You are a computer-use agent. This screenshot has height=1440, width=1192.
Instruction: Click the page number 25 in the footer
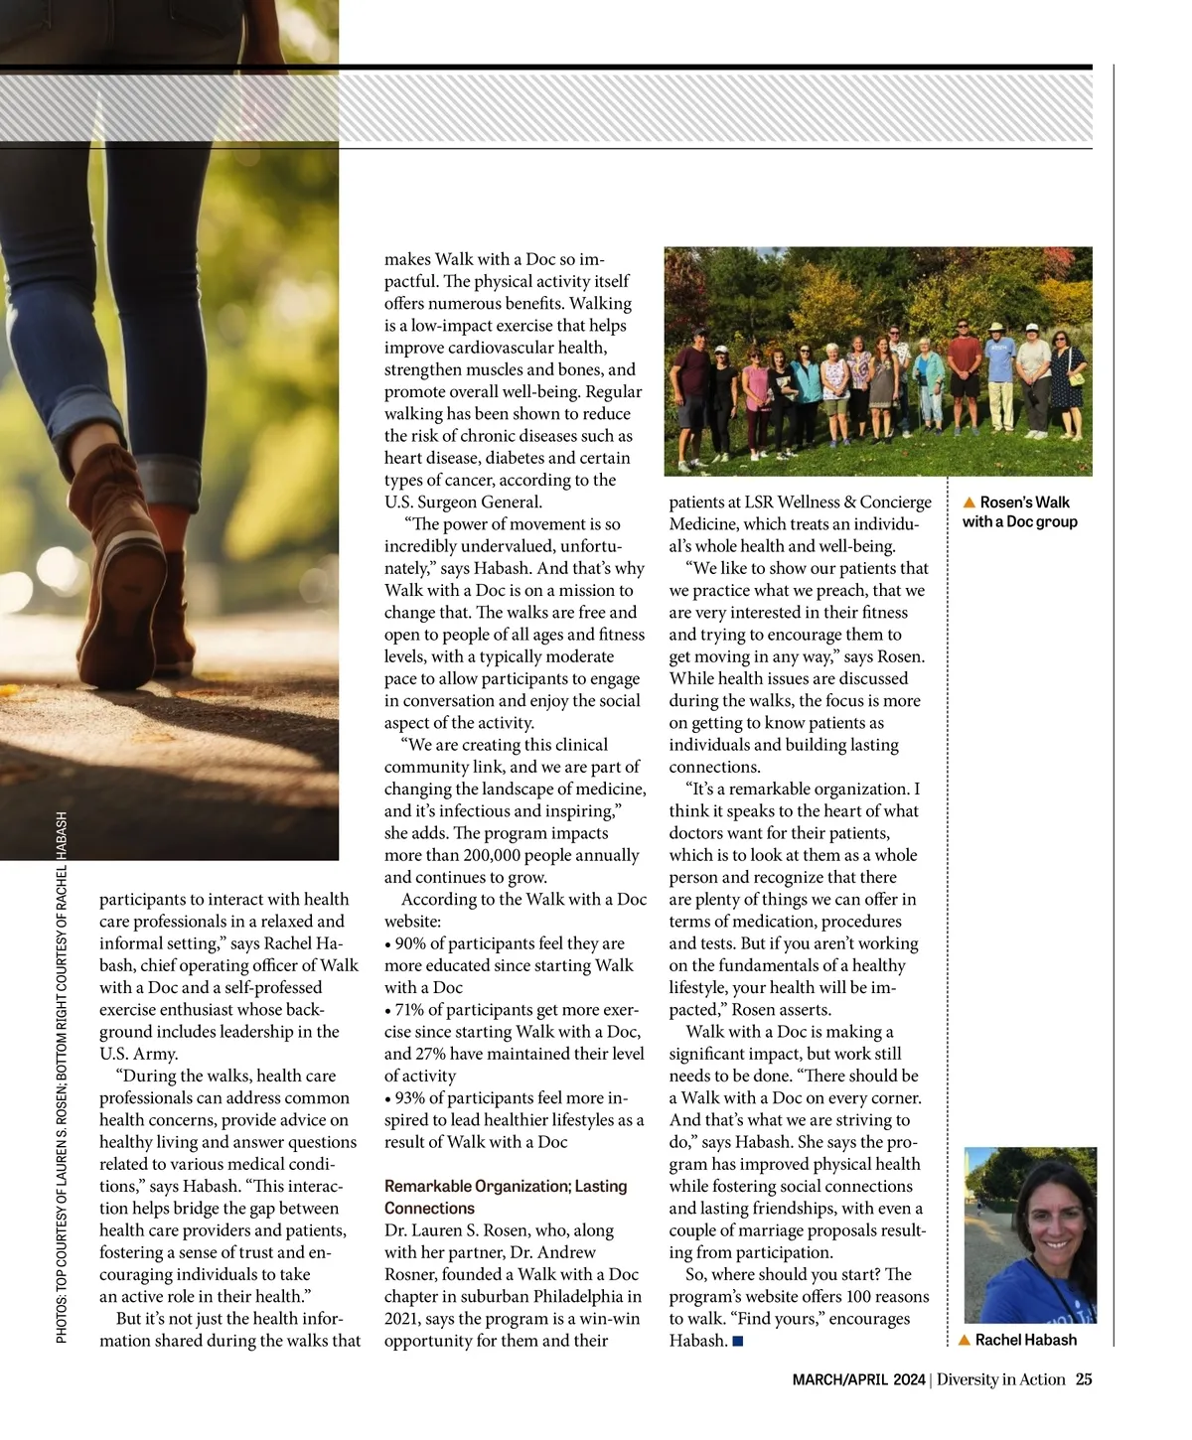click(x=1084, y=1379)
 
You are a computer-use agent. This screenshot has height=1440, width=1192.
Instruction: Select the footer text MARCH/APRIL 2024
click(x=858, y=1379)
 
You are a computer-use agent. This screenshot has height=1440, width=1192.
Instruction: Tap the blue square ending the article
click(x=738, y=1342)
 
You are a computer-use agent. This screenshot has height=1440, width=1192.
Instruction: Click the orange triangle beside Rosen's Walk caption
click(x=969, y=503)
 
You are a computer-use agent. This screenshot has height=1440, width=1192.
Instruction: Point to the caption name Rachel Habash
click(x=1025, y=1340)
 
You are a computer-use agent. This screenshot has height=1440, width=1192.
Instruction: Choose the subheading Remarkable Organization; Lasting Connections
click(x=506, y=1197)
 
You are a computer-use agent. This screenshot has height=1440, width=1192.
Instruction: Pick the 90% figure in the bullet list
click(x=410, y=943)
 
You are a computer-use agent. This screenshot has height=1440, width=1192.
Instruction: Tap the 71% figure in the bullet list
click(x=409, y=1010)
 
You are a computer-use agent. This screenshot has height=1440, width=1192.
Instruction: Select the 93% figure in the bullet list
click(x=410, y=1098)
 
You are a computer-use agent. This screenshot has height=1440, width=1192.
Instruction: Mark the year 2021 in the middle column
click(x=403, y=1319)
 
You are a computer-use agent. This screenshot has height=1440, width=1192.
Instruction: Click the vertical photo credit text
click(x=62, y=1078)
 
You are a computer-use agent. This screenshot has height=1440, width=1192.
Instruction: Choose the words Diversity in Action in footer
click(x=1000, y=1379)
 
